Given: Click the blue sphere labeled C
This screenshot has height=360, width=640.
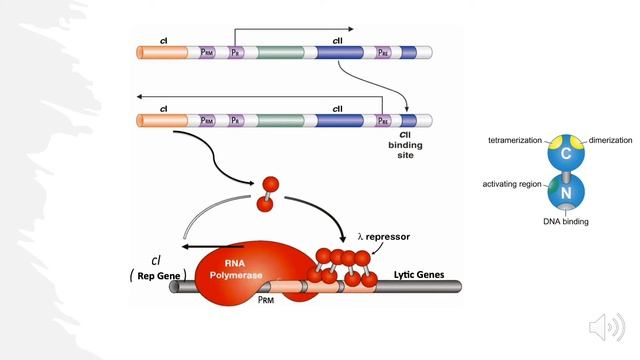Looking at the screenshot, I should (x=565, y=154).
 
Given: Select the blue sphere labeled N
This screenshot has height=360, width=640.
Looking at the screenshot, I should (x=565, y=192).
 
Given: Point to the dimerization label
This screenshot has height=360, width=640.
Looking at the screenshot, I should (x=610, y=141).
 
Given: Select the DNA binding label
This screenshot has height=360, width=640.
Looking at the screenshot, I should (x=566, y=220).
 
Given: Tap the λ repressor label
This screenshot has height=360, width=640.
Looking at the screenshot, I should (x=384, y=238).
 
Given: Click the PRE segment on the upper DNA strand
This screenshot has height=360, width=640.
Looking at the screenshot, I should (x=384, y=50).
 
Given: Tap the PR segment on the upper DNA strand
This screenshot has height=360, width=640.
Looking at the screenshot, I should (x=235, y=50).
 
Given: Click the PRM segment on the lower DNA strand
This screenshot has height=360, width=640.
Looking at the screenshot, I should (x=207, y=120).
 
